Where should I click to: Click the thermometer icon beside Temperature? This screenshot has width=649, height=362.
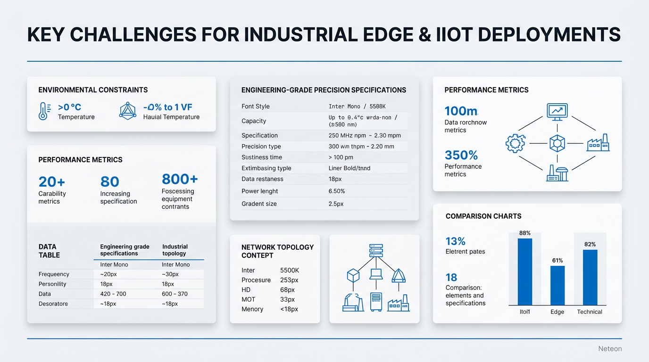pyautogui.click(x=43, y=111)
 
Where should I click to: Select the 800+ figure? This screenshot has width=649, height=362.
pyautogui.click(x=180, y=179)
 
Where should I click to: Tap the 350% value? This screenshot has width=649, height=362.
pyautogui.click(x=461, y=155)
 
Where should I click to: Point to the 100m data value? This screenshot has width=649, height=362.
pyautogui.click(x=461, y=111)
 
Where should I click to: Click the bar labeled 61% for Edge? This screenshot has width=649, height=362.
pyautogui.click(x=557, y=285)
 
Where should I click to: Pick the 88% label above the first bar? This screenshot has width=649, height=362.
pyautogui.click(x=524, y=233)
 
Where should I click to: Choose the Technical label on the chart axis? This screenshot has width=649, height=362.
pyautogui.click(x=589, y=312)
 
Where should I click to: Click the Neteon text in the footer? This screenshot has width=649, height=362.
pyautogui.click(x=610, y=349)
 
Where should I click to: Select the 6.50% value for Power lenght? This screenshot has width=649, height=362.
pyautogui.click(x=337, y=191)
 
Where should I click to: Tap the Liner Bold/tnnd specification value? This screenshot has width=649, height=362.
pyautogui.click(x=349, y=168)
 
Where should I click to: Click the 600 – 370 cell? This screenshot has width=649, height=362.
pyautogui.click(x=175, y=294)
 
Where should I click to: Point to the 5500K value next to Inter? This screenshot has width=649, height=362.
pyautogui.click(x=289, y=271)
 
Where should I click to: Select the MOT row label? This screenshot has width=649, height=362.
pyautogui.click(x=248, y=299)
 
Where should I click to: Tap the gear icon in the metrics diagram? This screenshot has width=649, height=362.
pyautogui.click(x=515, y=143)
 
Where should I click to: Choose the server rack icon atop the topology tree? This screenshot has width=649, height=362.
pyautogui.click(x=376, y=250)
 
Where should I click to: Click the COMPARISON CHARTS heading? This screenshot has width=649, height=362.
pyautogui.click(x=483, y=216)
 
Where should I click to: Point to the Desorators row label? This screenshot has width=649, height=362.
pyautogui.click(x=53, y=304)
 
